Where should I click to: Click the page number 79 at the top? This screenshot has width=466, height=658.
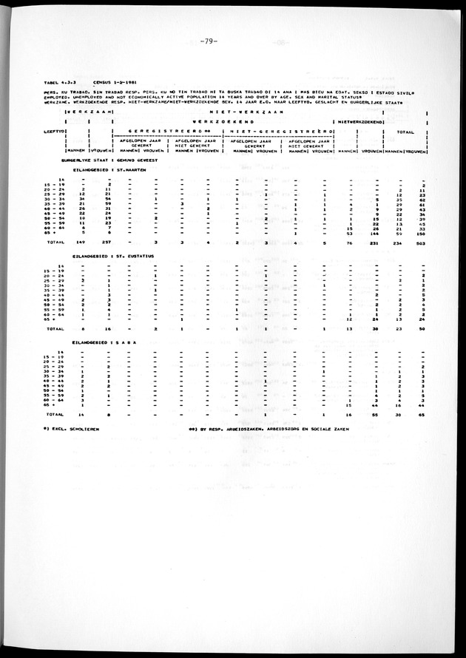click(x=206, y=41)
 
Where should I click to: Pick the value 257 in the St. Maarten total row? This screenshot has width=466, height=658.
click(x=106, y=241)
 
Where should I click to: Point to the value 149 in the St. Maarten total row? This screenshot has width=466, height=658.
click(x=83, y=241)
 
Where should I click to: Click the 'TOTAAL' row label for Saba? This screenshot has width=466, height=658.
click(x=53, y=416)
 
